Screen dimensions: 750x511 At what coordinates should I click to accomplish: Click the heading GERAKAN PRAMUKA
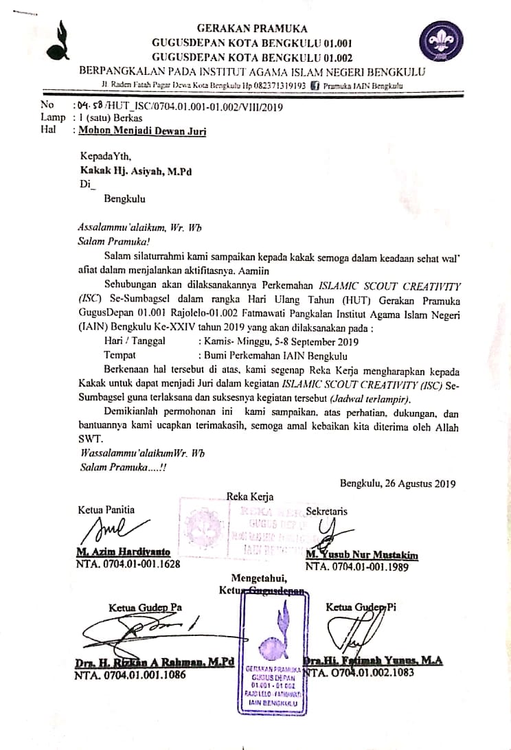(x=252, y=28)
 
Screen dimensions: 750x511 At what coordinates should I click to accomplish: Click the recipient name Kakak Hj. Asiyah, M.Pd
(x=128, y=172)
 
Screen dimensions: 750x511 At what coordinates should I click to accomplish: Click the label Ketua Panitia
(x=106, y=510)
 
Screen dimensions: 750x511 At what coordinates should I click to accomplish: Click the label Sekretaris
(x=326, y=511)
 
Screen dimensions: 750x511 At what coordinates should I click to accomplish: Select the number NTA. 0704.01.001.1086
(x=130, y=675)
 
